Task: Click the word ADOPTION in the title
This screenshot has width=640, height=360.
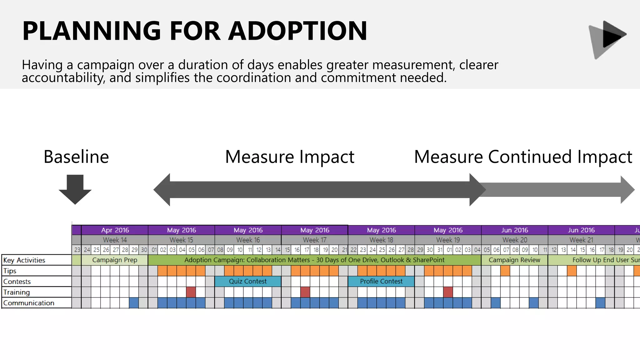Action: point(297,31)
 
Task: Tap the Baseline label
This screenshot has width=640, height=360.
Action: point(76,157)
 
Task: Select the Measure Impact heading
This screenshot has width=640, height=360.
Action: point(289,157)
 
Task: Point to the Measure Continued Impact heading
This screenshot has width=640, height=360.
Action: point(523,157)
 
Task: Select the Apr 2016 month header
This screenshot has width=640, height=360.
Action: point(115,230)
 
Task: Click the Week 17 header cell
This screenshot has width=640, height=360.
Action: point(314,240)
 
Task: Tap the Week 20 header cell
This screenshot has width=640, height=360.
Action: point(514,240)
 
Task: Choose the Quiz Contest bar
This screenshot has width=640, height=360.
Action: point(248,281)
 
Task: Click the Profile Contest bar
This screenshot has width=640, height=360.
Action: point(381,281)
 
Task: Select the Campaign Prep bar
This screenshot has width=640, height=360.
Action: point(114,260)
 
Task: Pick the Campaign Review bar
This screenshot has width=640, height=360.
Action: point(514,260)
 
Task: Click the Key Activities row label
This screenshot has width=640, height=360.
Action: point(24,260)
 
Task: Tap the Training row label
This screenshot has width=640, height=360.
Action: point(17,292)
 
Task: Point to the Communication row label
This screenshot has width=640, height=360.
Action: point(29,303)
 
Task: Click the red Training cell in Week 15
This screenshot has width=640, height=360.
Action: point(191,292)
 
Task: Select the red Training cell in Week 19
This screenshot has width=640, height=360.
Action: point(448,292)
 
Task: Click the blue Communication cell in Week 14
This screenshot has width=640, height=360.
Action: point(134,303)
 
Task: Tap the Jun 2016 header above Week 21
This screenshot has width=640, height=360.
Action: point(581,230)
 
